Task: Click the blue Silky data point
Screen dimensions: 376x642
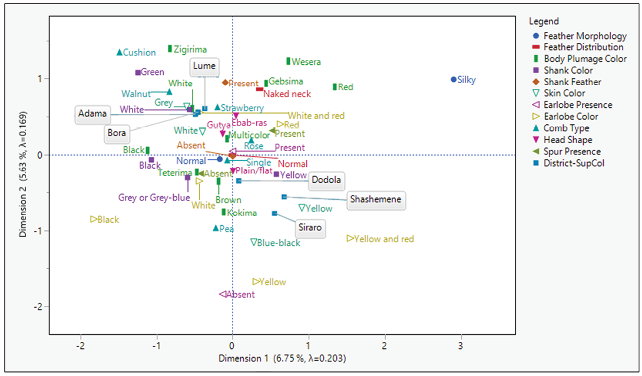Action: point(453,80)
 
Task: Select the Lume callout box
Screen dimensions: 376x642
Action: point(204,67)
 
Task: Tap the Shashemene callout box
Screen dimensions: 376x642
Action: point(376,200)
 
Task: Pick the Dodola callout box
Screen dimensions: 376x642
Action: point(326,180)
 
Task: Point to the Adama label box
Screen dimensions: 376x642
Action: point(92,114)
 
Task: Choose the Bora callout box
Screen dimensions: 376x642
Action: point(117,134)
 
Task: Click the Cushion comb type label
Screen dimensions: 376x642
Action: point(140,53)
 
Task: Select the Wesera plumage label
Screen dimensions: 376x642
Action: point(306,62)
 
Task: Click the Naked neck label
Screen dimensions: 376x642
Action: point(287,94)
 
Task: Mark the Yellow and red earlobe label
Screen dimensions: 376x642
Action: point(384,239)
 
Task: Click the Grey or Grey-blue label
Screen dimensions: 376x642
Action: point(154,198)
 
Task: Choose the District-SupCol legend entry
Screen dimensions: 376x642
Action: point(574,163)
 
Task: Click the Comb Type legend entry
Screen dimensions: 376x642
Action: point(566,128)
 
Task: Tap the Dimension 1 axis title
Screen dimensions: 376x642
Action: point(282,358)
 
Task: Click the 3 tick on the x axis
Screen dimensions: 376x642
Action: point(461,344)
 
